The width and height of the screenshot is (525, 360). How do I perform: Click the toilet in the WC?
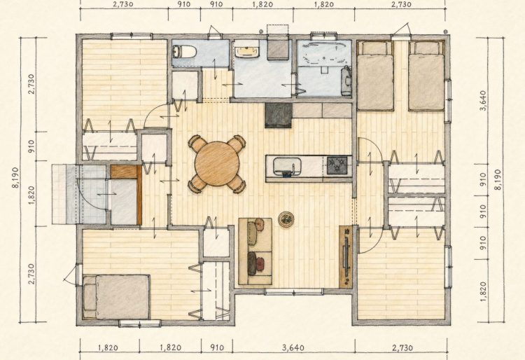pyautogui.click(x=184, y=52)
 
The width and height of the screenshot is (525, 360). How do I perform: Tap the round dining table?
pyautogui.click(x=217, y=163)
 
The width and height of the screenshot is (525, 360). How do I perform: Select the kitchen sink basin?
pyautogui.click(x=287, y=167)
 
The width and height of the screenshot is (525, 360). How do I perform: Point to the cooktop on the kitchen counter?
pyautogui.click(x=337, y=165)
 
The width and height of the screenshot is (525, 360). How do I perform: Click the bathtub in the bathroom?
pyautogui.click(x=324, y=54)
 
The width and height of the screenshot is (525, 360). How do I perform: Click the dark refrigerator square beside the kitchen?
pyautogui.click(x=278, y=115)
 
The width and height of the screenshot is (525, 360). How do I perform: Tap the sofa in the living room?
pyautogui.click(x=255, y=251)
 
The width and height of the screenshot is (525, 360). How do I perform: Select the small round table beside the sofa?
pyautogui.click(x=286, y=220)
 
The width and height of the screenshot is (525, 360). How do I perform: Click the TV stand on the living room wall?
pyautogui.click(x=346, y=257)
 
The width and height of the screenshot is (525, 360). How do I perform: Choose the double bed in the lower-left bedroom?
pyautogui.click(x=115, y=297)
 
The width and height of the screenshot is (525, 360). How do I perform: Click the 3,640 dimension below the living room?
pyautogui.click(x=293, y=347)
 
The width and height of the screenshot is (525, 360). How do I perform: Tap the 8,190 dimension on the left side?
pyautogui.click(x=16, y=178)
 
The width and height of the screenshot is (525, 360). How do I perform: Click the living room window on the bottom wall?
pyautogui.click(x=293, y=292)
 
